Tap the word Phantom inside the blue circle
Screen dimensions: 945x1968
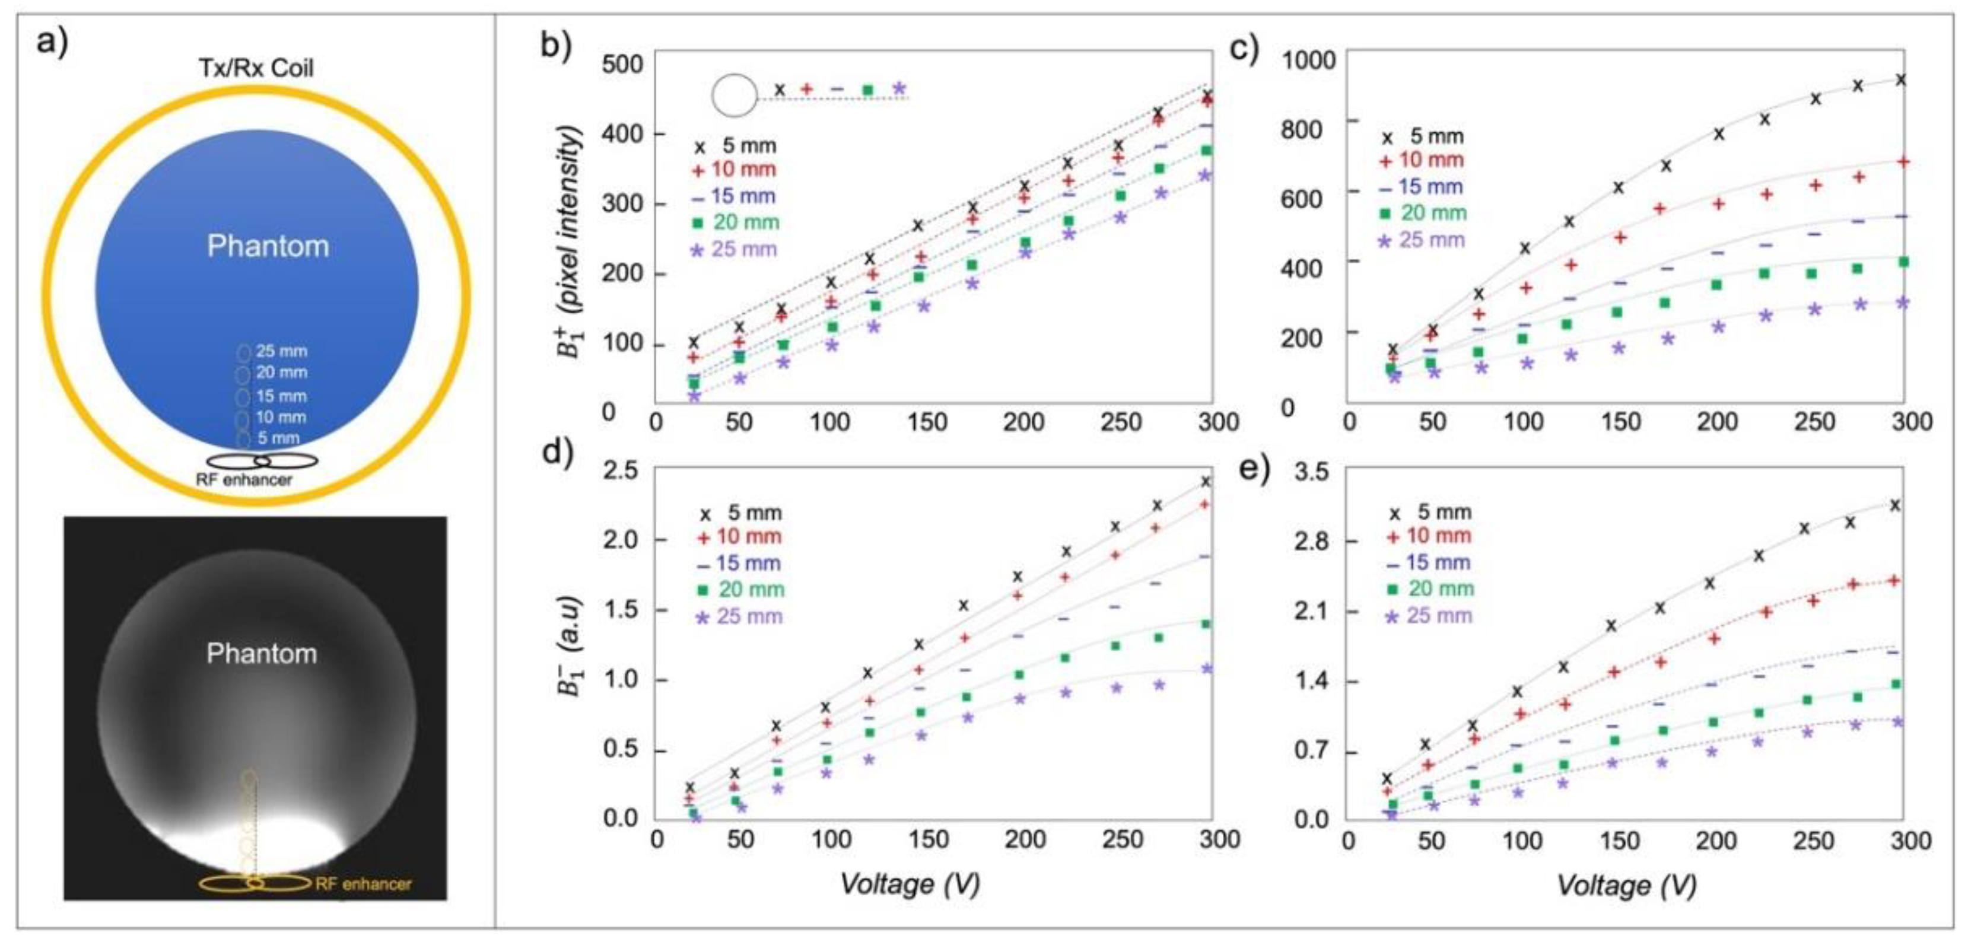[x=268, y=246]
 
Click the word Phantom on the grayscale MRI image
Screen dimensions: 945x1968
[x=261, y=654]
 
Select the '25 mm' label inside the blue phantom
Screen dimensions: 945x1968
[x=281, y=351]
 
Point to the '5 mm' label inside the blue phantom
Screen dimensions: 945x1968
[x=278, y=438]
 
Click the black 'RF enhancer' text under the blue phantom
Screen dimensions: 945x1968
[x=244, y=480]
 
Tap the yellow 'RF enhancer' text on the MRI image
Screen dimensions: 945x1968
[x=363, y=884]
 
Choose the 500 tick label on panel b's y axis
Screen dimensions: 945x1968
[x=622, y=63]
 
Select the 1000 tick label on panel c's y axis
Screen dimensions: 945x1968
[x=1308, y=59]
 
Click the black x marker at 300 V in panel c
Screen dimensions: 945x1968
[x=1902, y=80]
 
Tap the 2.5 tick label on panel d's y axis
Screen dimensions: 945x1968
[x=621, y=470]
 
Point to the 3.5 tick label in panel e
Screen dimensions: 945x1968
[x=1311, y=472]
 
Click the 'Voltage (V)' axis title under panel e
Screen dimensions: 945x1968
[x=1626, y=886]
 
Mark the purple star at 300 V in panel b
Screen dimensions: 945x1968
[x=1205, y=176]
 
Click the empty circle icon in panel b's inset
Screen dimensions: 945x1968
[x=733, y=95]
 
